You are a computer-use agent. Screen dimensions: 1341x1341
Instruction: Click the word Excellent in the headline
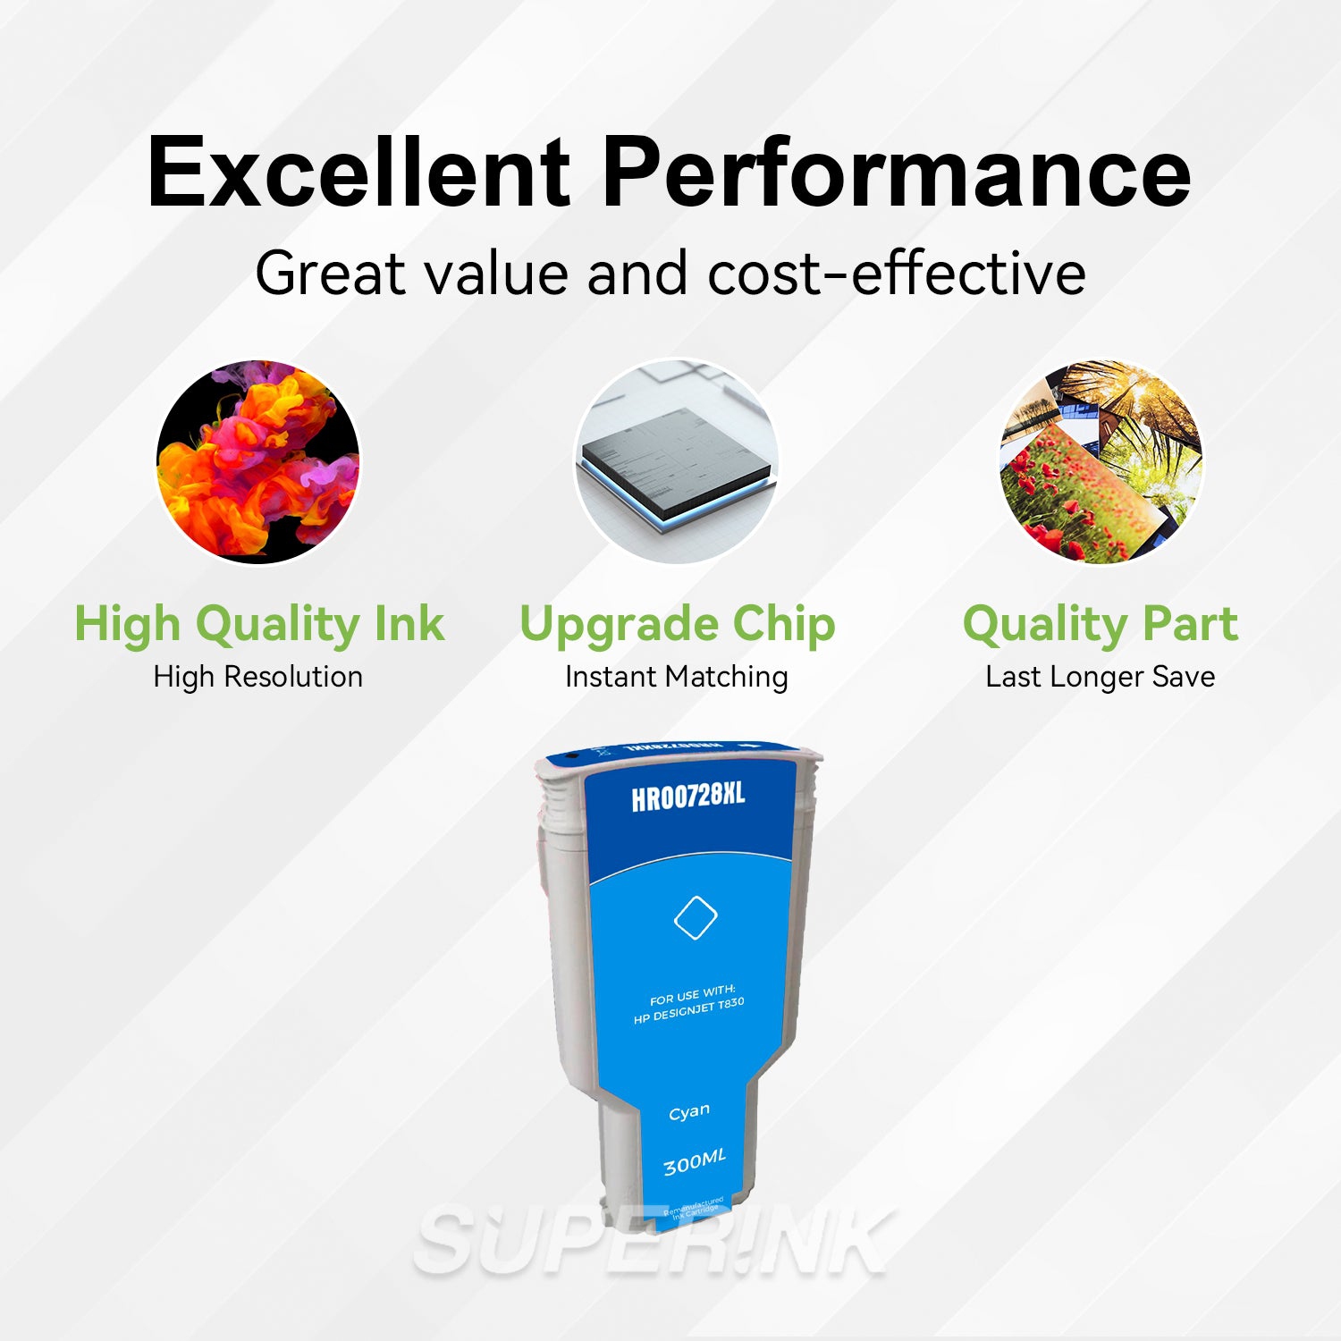358,172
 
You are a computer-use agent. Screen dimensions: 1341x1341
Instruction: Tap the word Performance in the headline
897,172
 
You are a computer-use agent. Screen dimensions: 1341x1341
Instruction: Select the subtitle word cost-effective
897,273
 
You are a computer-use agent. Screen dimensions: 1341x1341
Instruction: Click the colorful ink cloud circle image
258,461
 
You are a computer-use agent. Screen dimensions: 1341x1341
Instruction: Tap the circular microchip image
676,461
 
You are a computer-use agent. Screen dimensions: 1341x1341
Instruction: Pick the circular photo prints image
1101,461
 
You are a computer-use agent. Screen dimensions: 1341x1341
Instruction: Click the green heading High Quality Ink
258,624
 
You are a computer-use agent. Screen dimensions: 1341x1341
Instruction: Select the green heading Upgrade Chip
677,624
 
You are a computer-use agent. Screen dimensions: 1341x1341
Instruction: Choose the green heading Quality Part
1101,624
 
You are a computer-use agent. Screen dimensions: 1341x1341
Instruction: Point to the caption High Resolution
258,677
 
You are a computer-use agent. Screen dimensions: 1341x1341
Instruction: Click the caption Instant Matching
677,677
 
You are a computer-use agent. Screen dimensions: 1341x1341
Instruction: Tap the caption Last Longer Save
1101,677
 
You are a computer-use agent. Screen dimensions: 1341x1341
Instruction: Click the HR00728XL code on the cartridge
687,796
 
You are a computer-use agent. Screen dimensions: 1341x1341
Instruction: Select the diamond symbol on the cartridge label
695,916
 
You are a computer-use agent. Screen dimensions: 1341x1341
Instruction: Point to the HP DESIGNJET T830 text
689,1011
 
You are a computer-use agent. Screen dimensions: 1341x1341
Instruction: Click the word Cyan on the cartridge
689,1111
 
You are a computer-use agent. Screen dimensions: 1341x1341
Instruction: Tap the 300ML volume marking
695,1162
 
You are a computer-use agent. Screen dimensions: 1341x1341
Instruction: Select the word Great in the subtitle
331,273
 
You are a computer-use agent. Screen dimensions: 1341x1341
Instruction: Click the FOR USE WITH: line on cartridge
693,994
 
